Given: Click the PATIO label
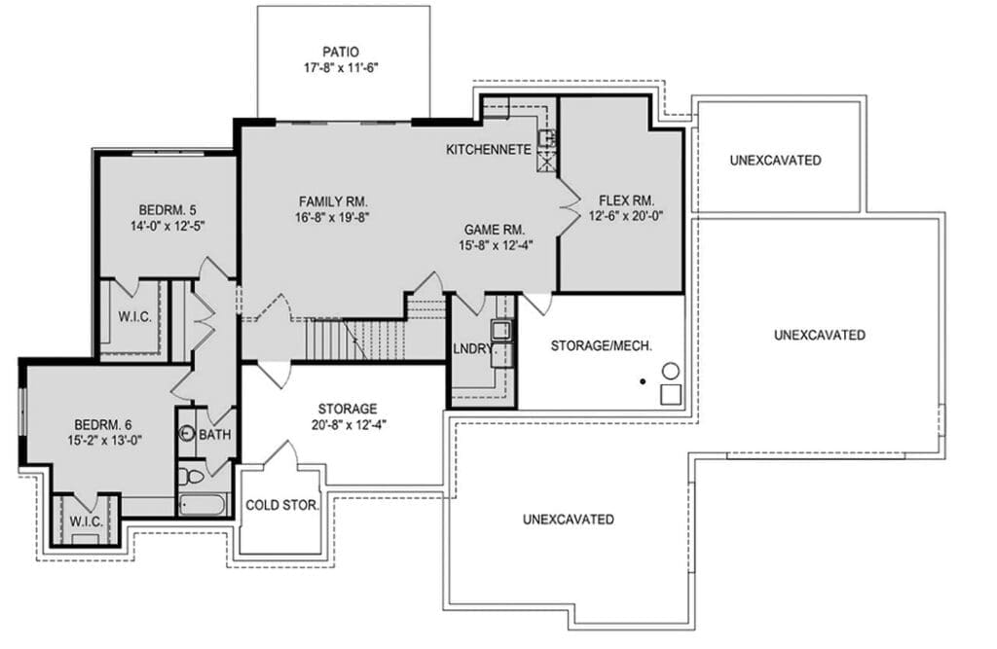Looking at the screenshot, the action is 340,52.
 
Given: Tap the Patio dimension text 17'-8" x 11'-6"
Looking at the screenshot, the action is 341,67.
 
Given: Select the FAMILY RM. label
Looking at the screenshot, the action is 333,201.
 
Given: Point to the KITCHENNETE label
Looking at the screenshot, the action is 489,150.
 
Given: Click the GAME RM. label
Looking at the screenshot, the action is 495,230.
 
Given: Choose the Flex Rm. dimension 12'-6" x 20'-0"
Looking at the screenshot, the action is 626,216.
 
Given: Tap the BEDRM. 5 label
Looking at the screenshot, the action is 167,210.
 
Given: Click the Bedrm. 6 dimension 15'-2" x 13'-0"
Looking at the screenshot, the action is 104,440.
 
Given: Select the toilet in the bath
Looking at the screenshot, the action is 190,476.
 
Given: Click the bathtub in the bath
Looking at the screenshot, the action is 203,505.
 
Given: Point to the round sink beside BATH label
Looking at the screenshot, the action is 186,434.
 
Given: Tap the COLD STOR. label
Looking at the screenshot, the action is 282,505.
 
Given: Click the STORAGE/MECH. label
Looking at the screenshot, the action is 602,345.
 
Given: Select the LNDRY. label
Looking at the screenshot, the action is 473,348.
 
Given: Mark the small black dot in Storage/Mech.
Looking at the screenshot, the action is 643,381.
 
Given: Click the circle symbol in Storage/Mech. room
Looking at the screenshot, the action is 671,370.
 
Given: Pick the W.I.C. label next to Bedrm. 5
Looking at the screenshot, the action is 134,316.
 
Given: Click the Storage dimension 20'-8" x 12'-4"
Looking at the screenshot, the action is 350,424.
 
